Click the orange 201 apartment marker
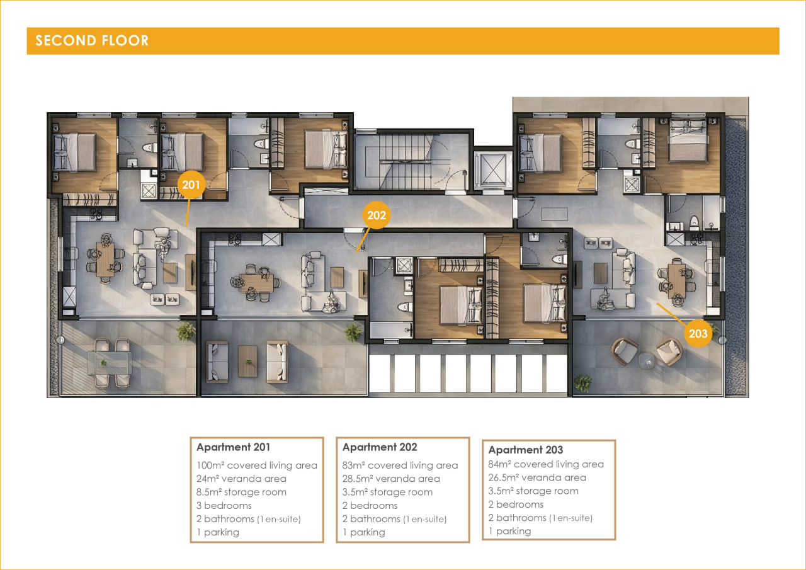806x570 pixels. pyautogui.click(x=191, y=185)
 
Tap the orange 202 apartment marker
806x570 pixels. pyautogui.click(x=377, y=215)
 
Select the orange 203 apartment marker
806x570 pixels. pyautogui.click(x=698, y=334)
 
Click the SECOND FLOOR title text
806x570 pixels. pyautogui.click(x=92, y=41)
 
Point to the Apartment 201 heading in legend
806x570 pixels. pyautogui.click(x=233, y=447)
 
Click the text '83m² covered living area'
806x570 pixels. pyautogui.click(x=400, y=465)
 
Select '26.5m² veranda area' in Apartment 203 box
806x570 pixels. pyautogui.click(x=537, y=477)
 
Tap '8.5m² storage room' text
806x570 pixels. pyautogui.click(x=241, y=492)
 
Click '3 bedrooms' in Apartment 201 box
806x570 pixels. pyautogui.click(x=224, y=506)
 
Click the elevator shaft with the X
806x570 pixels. pyautogui.click(x=493, y=170)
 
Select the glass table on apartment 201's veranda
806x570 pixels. pyautogui.click(x=109, y=363)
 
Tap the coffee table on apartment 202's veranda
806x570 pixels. pyautogui.click(x=247, y=362)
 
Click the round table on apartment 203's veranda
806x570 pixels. pyautogui.click(x=647, y=360)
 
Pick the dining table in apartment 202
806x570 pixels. pyautogui.click(x=257, y=283)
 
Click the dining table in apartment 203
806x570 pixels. pyautogui.click(x=677, y=282)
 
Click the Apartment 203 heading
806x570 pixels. pyautogui.click(x=525, y=450)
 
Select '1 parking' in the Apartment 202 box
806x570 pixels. pyautogui.click(x=363, y=532)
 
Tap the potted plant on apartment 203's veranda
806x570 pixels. pyautogui.click(x=582, y=382)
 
